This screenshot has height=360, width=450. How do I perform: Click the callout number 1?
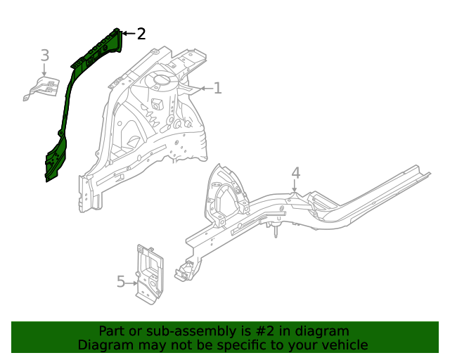coord(217,88)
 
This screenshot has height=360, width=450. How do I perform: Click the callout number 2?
coord(141,33)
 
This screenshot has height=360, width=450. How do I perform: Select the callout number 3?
coord(44,55)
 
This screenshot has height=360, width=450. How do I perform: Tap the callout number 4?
coord(295,173)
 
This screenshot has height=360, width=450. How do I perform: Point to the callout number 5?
coord(120,282)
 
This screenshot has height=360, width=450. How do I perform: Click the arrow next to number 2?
coord(127,33)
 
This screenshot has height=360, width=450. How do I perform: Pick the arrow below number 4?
coord(295,187)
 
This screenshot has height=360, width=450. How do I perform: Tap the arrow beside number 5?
coord(132,283)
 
